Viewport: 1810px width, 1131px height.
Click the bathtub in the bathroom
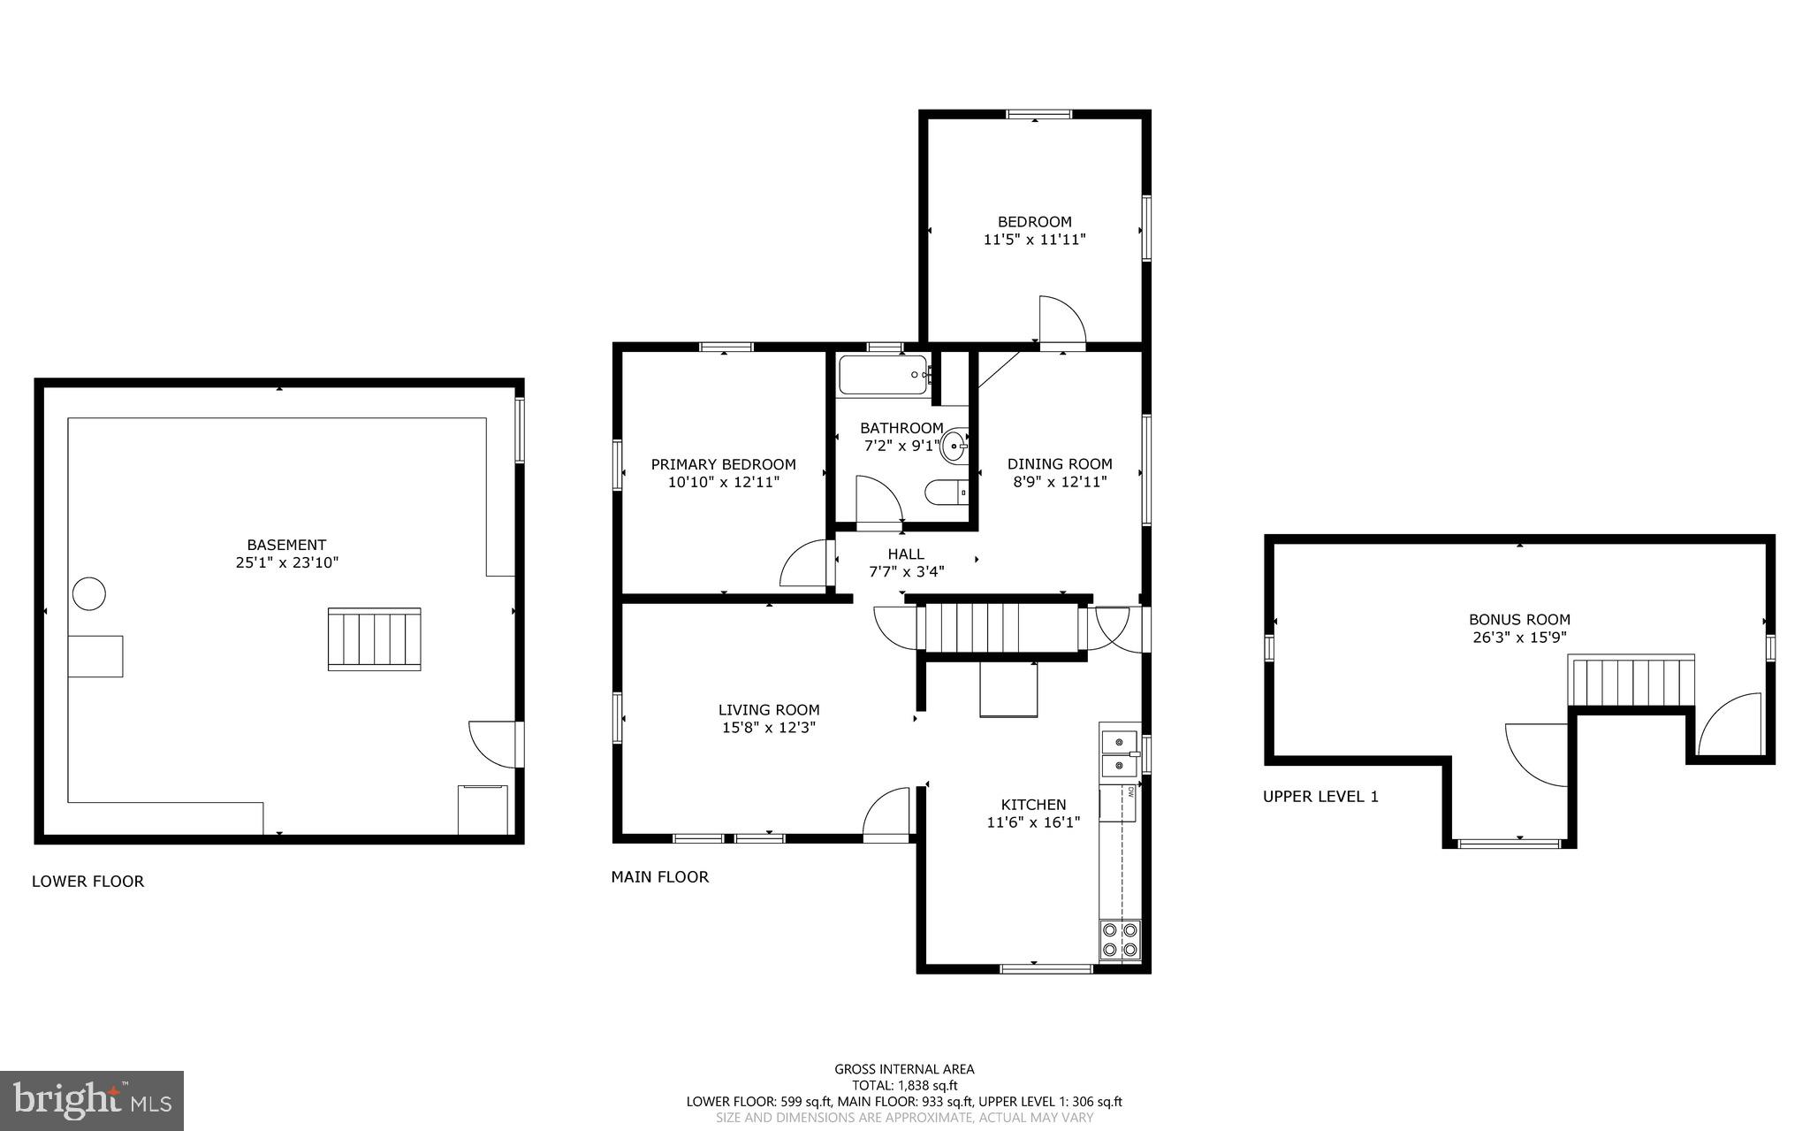tap(883, 375)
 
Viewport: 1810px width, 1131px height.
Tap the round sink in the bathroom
tap(954, 446)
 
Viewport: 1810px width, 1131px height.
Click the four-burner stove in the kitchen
tap(1120, 940)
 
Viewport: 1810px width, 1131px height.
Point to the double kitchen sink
tap(1119, 753)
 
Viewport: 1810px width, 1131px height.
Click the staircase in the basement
tap(374, 638)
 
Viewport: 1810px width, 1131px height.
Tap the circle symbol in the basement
tap(89, 593)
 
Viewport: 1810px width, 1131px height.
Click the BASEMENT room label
tap(286, 545)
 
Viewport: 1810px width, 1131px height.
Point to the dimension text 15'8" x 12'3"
tap(769, 728)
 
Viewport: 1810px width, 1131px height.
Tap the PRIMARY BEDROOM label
tap(723, 464)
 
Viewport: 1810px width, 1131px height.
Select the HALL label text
tap(906, 554)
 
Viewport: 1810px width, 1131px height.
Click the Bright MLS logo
tap(92, 1100)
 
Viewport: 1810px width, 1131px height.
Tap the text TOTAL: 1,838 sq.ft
tap(904, 1085)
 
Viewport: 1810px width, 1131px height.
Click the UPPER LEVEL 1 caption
tap(1320, 796)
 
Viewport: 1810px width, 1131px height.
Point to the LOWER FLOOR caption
tap(87, 881)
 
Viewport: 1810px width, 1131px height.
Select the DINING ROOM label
tap(1060, 463)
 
